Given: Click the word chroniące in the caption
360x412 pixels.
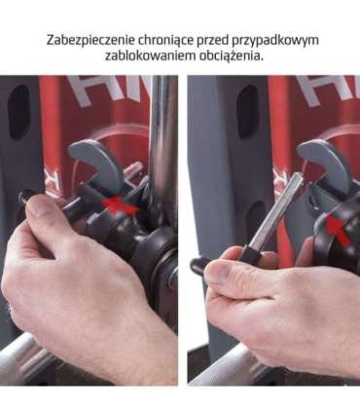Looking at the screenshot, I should pyautogui.click(x=165, y=40).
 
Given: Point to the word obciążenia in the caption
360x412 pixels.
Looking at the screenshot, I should pyautogui.click(x=228, y=56).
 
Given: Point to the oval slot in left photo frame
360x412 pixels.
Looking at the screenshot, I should pyautogui.click(x=18, y=112).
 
